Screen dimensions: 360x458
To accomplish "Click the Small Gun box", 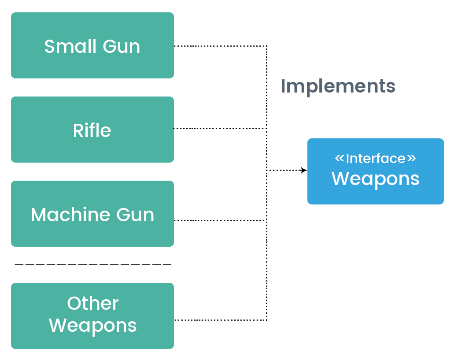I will coord(92,45).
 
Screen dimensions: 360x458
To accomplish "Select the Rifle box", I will coord(92,130).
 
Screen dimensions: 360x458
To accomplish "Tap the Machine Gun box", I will coord(92,214).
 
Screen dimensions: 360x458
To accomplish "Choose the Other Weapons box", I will coord(92,315).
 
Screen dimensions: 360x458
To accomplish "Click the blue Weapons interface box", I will coord(375,171).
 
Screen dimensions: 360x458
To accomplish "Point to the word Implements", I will coord(338,86).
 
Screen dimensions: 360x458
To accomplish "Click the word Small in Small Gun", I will coord(70,46).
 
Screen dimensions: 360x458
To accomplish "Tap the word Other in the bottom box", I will coord(92,304).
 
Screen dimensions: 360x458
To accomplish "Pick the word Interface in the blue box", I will coord(375,159).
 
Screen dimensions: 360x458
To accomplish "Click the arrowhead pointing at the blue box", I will coord(303,170).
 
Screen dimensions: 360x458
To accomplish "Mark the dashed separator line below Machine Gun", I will coord(92,264).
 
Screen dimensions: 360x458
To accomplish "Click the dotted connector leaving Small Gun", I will coord(220,46).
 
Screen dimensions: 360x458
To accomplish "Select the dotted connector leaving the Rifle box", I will coord(220,128).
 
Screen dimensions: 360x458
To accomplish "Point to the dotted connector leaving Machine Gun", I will coord(220,220).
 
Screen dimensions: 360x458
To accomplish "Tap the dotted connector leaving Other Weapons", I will coord(220,320).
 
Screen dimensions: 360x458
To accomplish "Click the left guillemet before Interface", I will coord(339,158).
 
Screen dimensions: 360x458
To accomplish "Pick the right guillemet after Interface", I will coord(411,158).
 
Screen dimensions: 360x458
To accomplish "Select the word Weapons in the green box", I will coord(92,326).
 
